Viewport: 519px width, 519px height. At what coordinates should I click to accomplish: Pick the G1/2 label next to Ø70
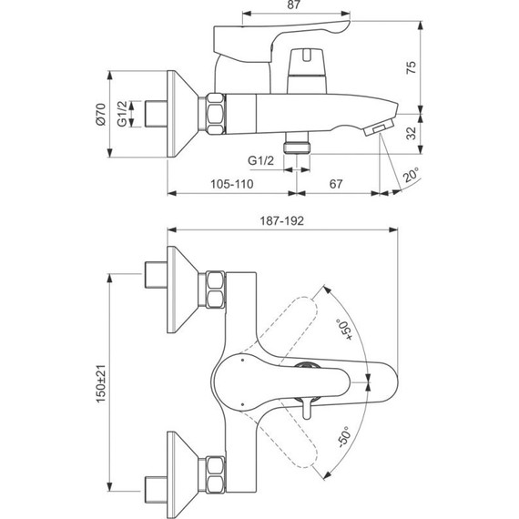click(x=133, y=117)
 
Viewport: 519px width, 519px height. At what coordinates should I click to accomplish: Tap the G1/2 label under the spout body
click(x=262, y=160)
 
